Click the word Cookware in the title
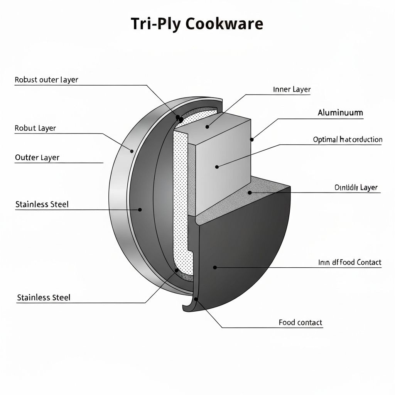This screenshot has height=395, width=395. point(224,24)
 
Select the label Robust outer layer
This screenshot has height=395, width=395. point(46,80)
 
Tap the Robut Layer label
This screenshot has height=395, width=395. point(35,128)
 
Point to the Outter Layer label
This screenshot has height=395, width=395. point(37,157)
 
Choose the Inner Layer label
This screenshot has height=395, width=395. point(292,89)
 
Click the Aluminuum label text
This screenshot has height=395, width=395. point(340,113)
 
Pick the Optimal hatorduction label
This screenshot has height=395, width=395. point(348,140)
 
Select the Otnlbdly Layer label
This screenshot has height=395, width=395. point(356,187)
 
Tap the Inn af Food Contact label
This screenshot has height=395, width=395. point(349,262)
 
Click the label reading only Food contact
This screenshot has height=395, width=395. point(300,322)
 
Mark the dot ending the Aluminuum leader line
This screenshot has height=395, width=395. point(252,140)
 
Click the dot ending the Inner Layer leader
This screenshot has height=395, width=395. point(208,126)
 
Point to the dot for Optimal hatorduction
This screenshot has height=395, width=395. point(217,167)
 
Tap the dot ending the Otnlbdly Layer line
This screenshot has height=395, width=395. point(250,192)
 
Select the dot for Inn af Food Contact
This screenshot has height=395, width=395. point(215,267)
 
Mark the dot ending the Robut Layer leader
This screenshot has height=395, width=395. point(132,151)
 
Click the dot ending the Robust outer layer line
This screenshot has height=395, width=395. point(178,117)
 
